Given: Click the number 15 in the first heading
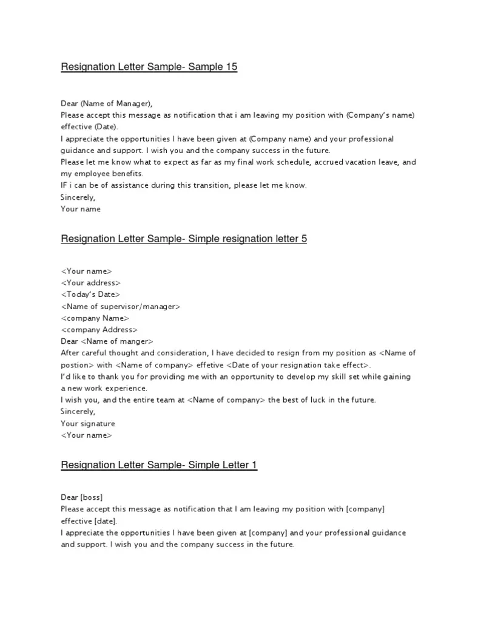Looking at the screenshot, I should coord(231,67).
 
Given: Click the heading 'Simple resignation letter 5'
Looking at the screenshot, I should coord(184,239).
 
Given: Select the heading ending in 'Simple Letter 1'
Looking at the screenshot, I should coord(159,465).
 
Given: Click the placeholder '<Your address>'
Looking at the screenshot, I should coord(91,283).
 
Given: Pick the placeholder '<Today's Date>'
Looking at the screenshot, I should coord(90,295).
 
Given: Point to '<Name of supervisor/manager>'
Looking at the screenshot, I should coord(121,307).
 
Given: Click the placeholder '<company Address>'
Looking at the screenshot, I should coord(98,330).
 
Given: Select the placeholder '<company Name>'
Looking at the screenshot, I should coord(95,318).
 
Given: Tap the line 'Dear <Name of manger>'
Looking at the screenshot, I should coord(107,341).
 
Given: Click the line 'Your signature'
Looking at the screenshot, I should coord(88,423).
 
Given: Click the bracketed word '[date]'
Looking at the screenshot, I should coord(105,521).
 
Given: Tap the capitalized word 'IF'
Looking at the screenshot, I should coord(65,185).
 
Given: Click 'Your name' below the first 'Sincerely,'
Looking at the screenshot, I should coord(81,209).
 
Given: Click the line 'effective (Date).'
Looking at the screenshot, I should coord(90,127).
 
